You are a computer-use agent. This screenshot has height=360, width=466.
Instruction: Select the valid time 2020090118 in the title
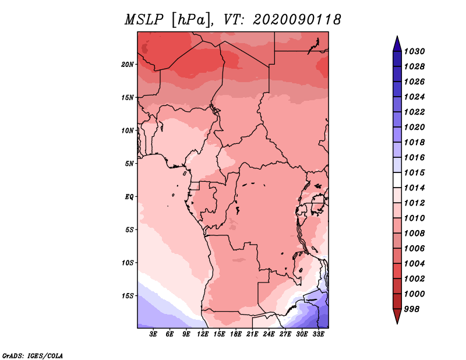(297, 20)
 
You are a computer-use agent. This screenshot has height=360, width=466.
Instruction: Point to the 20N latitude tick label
(128, 64)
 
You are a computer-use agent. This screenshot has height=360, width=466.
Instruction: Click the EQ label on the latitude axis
(129, 196)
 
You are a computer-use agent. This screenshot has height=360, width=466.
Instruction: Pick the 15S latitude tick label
(128, 295)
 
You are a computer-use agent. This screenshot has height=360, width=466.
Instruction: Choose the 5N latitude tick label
(129, 163)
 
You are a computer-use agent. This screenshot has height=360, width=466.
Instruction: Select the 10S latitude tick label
(128, 263)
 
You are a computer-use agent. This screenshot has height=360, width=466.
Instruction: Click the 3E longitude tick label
(154, 334)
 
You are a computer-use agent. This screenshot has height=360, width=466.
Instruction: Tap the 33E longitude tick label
(318, 334)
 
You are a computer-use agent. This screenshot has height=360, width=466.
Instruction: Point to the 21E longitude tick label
(252, 334)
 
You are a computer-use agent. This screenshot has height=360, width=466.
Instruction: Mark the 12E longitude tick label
(203, 334)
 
